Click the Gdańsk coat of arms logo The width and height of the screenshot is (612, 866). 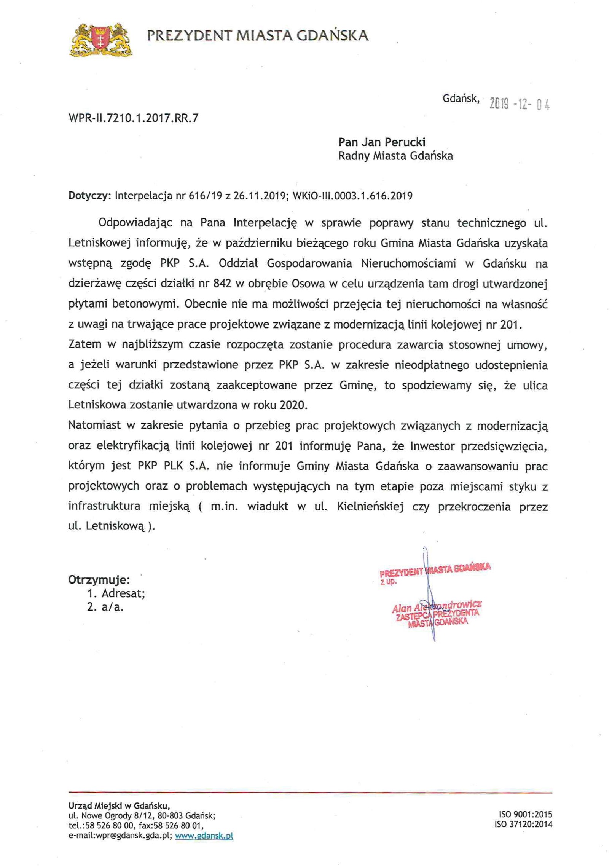[x=100, y=40]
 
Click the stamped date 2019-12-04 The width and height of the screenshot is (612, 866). [x=519, y=104]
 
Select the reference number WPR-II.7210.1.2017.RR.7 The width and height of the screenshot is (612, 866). [x=133, y=118]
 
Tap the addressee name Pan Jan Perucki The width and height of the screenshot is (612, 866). [x=381, y=142]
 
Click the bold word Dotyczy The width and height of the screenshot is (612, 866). [x=89, y=196]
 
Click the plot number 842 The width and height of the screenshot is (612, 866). [x=222, y=284]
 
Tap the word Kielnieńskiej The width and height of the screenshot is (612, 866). [x=370, y=507]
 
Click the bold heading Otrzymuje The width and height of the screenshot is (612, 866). [x=99, y=580]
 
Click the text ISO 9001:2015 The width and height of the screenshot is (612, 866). [x=525, y=814]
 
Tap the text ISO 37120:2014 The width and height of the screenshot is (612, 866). [x=523, y=824]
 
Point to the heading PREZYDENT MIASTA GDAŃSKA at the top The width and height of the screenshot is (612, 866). [x=258, y=36]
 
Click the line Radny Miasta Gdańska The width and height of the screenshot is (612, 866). [x=395, y=156]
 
